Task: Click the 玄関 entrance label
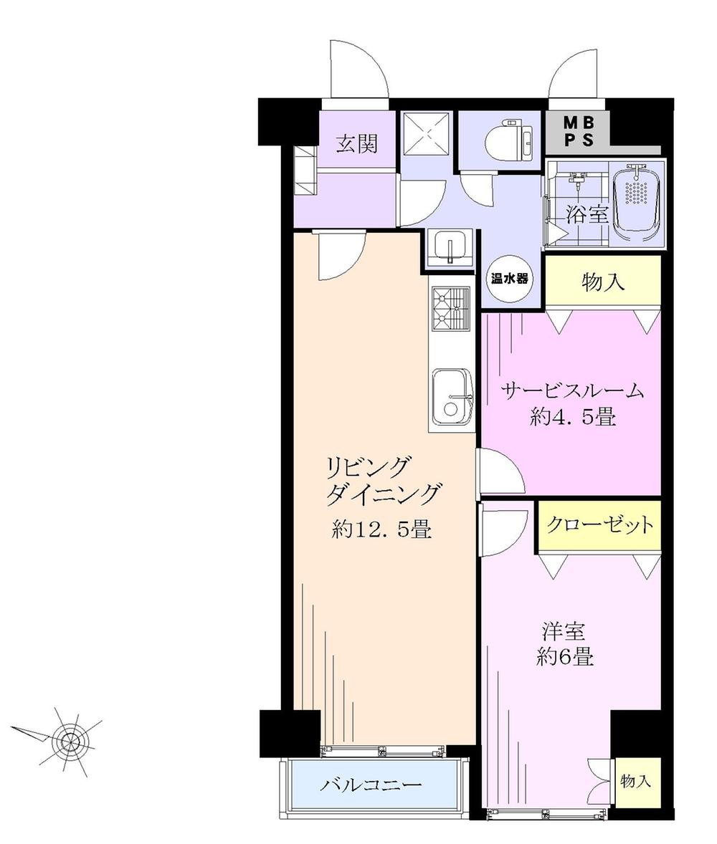click(356, 145)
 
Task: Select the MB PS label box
click(578, 132)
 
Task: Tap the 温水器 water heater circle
click(510, 279)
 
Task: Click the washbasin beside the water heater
click(450, 247)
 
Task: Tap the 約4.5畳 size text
click(573, 418)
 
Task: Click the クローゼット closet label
click(600, 525)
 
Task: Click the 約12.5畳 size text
click(381, 529)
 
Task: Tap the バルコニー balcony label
click(371, 785)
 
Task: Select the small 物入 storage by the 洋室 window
click(636, 781)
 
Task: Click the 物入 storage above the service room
click(603, 282)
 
